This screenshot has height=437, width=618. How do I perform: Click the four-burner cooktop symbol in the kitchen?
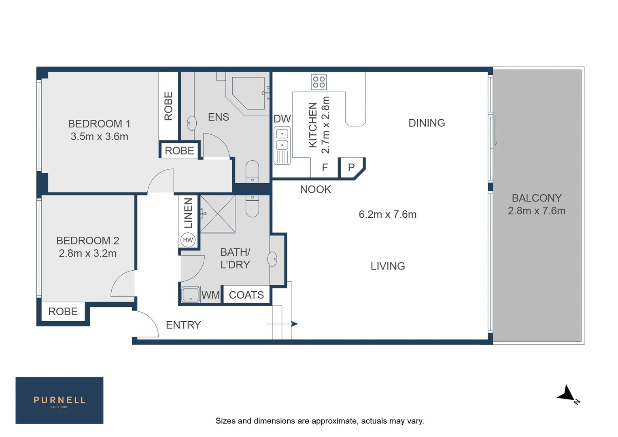coord(319,82)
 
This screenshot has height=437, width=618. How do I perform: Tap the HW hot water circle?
coord(188,240)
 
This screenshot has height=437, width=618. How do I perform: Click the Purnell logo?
coord(59,400)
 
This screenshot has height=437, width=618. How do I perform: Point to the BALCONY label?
coord(537,198)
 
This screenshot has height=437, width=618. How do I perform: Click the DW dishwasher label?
coord(282,119)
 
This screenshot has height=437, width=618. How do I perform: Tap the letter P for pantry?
coord(351,168)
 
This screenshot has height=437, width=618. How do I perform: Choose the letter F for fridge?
coord(325,168)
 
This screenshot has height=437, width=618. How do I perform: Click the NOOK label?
coord(315,189)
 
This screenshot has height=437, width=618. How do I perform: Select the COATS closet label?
coord(246,295)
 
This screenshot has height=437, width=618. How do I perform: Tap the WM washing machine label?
coord(210,295)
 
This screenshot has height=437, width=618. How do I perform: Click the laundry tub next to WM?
coord(190,295)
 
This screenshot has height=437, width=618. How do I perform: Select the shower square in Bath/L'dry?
coord(218,214)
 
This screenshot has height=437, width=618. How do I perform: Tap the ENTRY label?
coord(183,325)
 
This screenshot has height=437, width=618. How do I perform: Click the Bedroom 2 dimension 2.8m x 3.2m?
coord(87,254)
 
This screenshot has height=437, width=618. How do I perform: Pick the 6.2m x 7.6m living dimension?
coord(387,214)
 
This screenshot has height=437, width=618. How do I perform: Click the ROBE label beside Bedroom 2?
coord(63,312)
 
